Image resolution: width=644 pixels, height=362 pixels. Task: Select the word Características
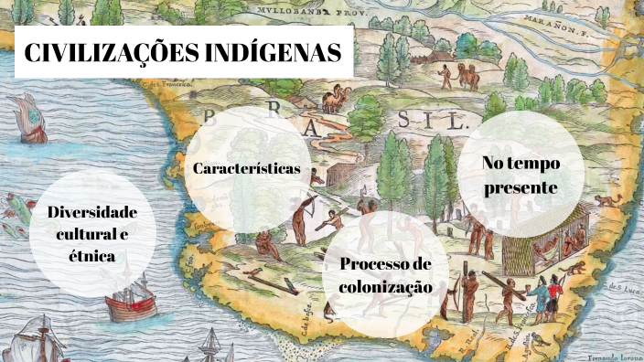click(247, 169)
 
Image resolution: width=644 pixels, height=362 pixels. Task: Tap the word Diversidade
click(92, 212)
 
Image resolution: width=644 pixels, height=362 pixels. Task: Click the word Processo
click(373, 264)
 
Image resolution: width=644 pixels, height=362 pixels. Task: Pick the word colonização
click(384, 287)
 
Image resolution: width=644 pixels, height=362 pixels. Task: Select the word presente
click(522, 187)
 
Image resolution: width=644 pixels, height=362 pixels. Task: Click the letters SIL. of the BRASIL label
click(445, 120)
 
